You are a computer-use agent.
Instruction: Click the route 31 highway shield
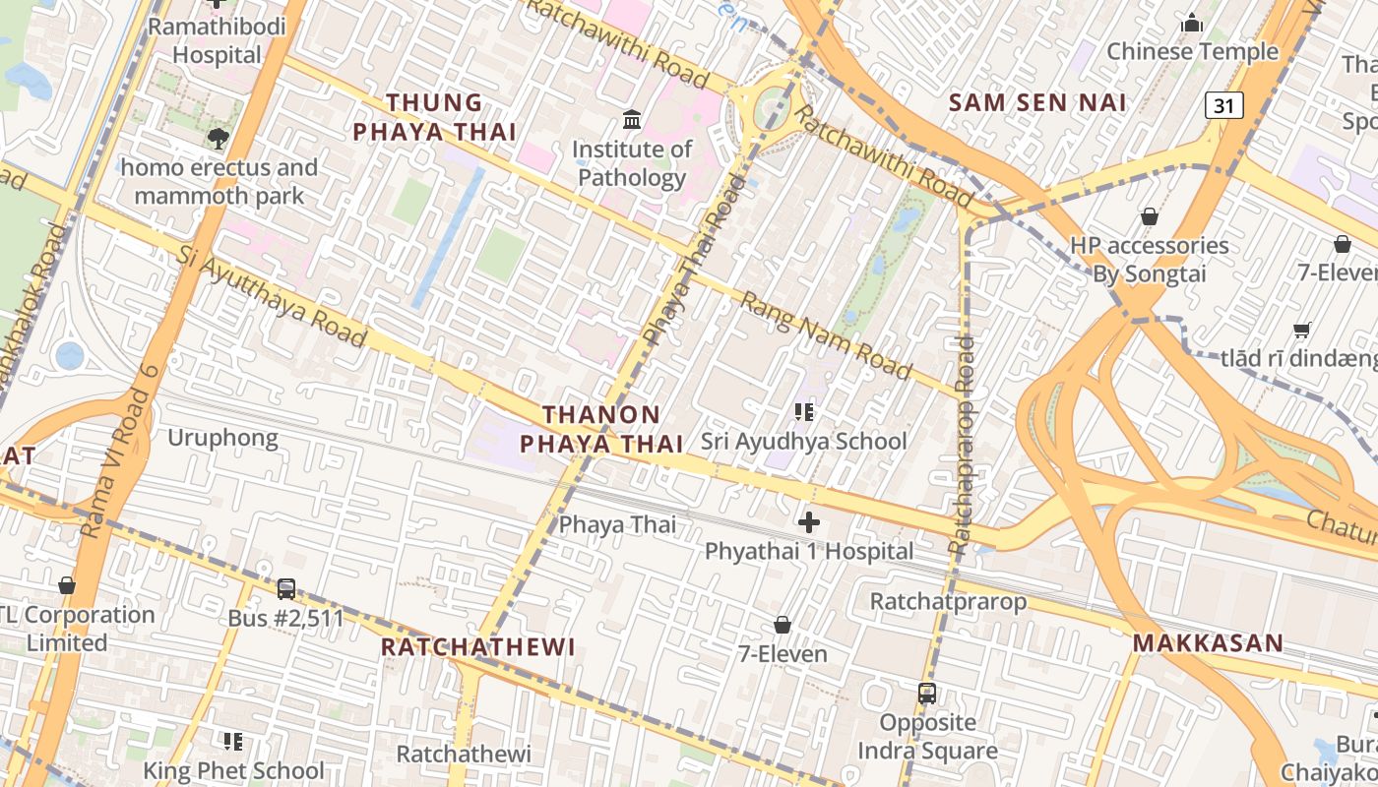click(x=1224, y=105)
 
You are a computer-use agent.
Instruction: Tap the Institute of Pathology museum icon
click(x=632, y=121)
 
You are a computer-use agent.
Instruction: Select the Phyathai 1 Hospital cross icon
click(x=809, y=522)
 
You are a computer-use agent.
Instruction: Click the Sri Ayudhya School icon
click(x=804, y=412)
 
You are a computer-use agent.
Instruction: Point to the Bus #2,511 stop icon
click(x=286, y=589)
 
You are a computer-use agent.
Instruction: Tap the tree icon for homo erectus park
click(x=219, y=139)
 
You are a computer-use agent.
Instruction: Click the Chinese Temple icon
click(x=1192, y=23)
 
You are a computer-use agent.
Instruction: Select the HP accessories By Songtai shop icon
click(x=1149, y=216)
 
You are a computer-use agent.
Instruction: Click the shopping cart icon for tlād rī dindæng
click(x=1301, y=331)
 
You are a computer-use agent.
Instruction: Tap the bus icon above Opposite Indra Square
click(x=926, y=694)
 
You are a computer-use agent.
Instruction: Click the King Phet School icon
click(x=233, y=741)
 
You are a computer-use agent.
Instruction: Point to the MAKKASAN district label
click(x=1208, y=643)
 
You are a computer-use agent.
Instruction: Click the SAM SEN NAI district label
click(x=1037, y=102)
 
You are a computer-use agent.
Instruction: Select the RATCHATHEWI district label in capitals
click(x=477, y=647)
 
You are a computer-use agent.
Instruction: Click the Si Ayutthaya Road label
click(x=273, y=296)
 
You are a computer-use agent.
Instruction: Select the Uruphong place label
click(x=222, y=438)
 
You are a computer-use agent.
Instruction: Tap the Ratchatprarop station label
click(x=948, y=600)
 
